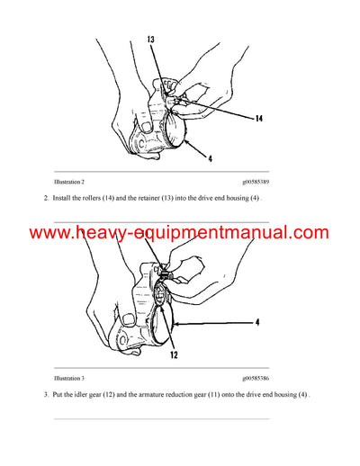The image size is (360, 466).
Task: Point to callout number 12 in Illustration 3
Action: point(172,355)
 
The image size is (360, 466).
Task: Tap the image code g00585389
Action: point(262,182)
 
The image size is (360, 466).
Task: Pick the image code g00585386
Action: point(262,379)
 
